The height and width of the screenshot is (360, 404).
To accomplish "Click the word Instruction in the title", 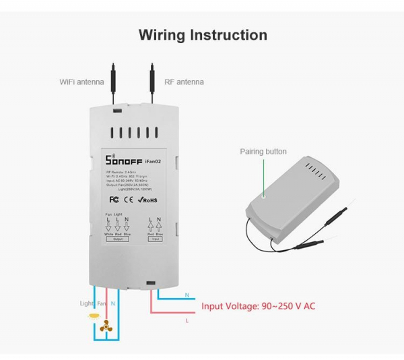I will click(x=229, y=35).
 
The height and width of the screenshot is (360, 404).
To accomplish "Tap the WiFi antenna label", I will click(x=81, y=82).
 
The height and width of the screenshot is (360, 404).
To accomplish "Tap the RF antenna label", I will click(x=184, y=82).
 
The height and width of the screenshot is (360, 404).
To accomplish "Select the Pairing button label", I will click(x=263, y=152).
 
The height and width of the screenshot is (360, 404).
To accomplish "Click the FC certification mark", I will click(x=115, y=200).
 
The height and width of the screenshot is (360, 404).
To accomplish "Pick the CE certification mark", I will click(x=127, y=200).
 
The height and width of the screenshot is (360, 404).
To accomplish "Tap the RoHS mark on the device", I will click(x=147, y=200).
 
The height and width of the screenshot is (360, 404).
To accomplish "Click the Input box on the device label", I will click(x=156, y=239).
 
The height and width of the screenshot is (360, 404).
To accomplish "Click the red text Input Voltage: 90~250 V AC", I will click(x=259, y=306).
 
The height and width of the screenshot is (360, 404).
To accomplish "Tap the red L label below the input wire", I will click(x=187, y=321).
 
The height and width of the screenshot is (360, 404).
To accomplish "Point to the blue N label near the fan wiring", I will click(x=113, y=304).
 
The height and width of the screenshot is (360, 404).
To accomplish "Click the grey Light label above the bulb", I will click(x=87, y=304).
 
